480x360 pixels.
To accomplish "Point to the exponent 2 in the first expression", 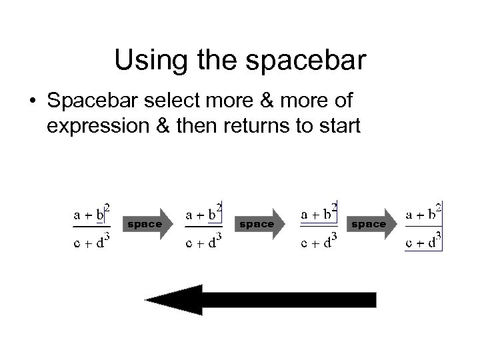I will (x=107, y=207).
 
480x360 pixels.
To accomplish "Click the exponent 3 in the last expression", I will (x=440, y=237).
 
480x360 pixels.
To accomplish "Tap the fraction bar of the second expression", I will (x=203, y=227).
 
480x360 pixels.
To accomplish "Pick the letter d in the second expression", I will (x=211, y=243).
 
